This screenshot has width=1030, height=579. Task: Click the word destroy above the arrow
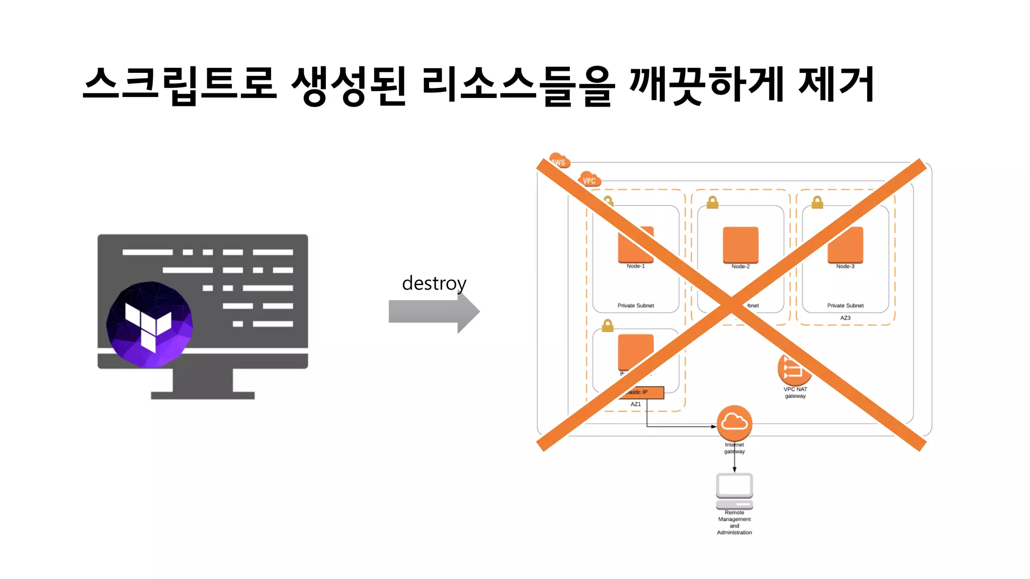[x=434, y=283]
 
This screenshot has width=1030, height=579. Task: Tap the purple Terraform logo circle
[x=149, y=324]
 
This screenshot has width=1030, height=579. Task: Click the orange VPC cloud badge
[x=589, y=180]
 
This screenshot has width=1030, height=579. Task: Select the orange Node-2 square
[x=740, y=245]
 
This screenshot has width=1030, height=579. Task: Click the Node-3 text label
[x=845, y=266]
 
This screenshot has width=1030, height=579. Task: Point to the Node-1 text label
[x=635, y=266]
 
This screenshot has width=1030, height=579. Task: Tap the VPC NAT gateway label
[x=795, y=393]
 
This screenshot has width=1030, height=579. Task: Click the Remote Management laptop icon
[x=734, y=491]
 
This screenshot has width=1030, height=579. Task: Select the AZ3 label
[x=845, y=318]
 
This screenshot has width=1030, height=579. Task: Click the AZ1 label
[x=636, y=404]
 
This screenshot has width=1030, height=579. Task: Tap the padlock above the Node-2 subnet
[x=713, y=202]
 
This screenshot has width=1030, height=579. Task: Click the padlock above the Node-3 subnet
[x=817, y=202]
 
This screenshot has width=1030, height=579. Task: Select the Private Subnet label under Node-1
[x=636, y=306]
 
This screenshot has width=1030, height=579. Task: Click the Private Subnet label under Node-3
[x=845, y=306]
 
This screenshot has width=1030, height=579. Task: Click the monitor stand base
[x=203, y=395]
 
